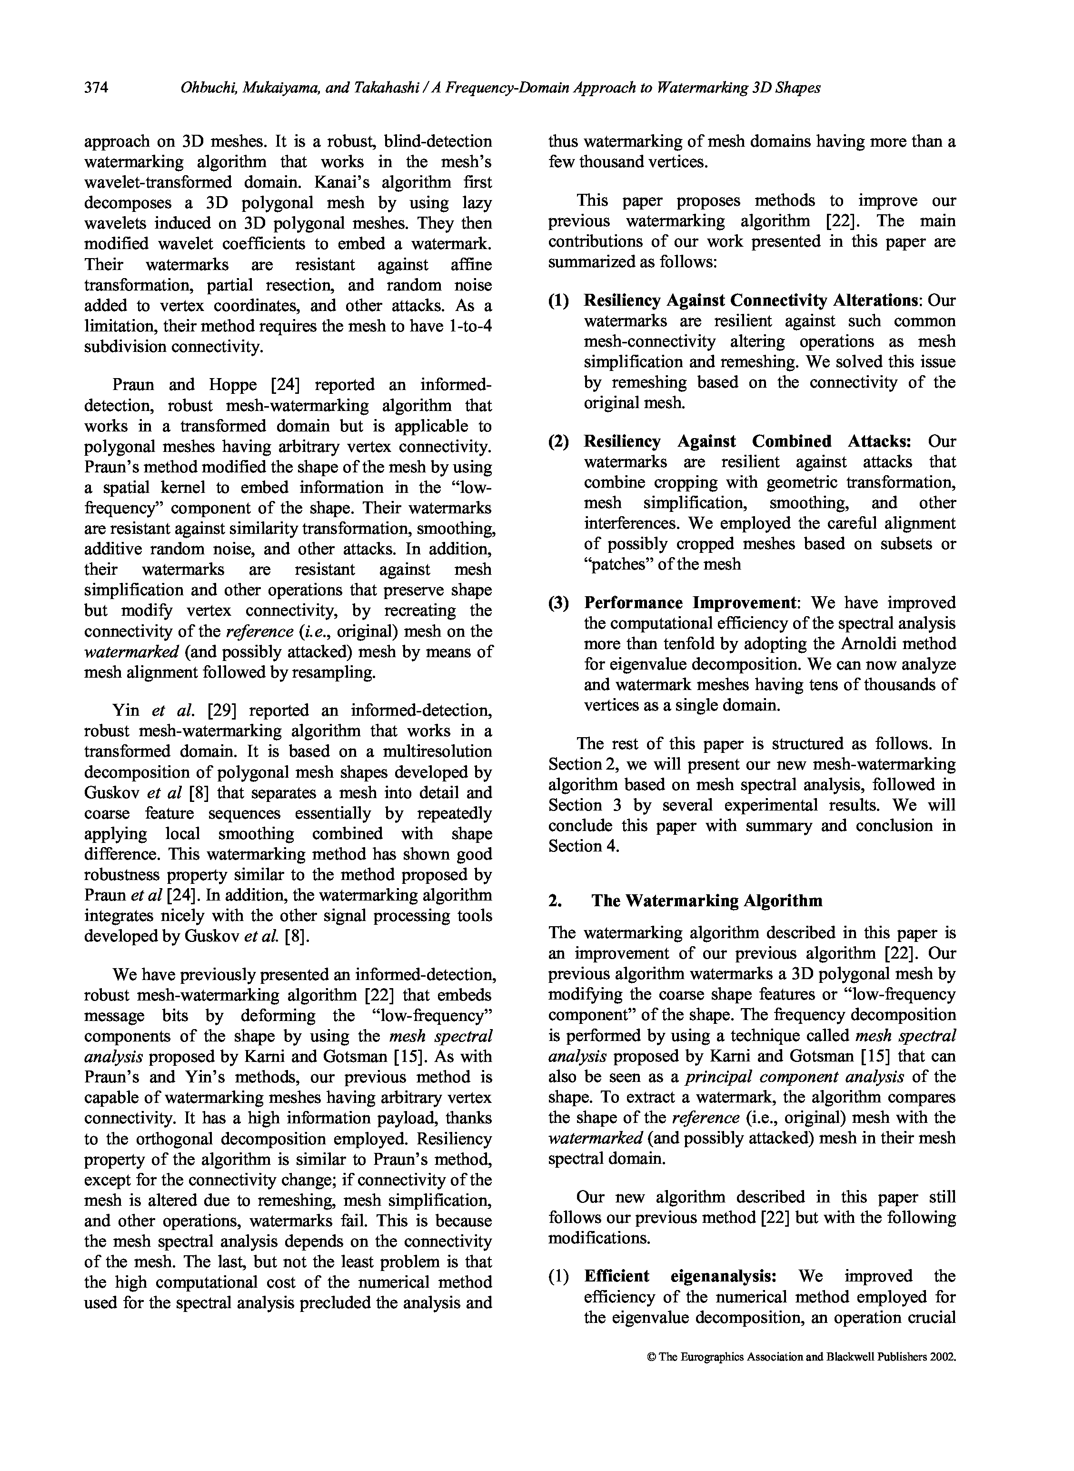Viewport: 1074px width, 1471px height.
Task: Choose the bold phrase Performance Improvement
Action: coord(689,603)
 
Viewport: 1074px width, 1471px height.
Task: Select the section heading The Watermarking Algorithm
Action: coord(706,901)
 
